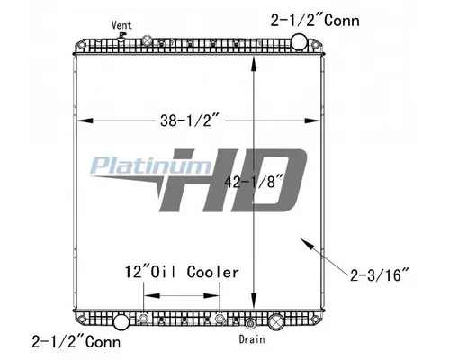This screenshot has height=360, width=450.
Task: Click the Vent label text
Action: click(x=119, y=24)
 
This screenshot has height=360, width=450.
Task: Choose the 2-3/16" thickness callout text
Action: click(x=383, y=267)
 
